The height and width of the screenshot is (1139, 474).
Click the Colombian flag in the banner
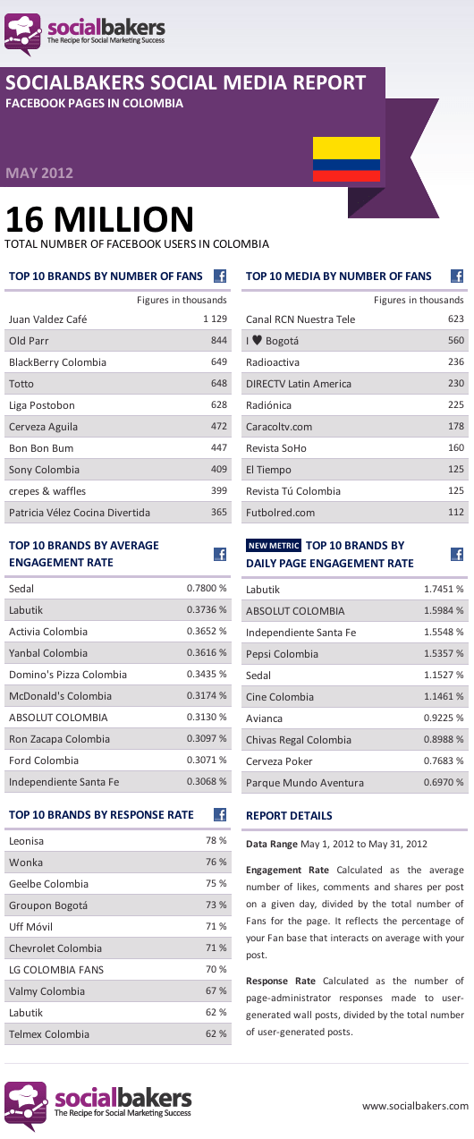[x=346, y=159]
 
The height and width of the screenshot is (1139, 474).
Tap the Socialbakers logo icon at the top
[x=23, y=34]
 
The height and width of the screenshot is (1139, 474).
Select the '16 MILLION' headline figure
[x=99, y=219]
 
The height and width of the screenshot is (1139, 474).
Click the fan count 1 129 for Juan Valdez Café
[x=215, y=319]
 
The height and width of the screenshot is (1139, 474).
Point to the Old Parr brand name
[x=29, y=341]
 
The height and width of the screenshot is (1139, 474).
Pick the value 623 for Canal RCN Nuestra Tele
[x=456, y=319]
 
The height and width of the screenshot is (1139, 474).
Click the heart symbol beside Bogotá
[x=257, y=340]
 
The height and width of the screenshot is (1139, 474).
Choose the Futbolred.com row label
[x=281, y=513]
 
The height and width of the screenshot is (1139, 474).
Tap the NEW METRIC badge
[x=274, y=545]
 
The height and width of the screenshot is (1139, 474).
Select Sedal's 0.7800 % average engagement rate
[x=207, y=589]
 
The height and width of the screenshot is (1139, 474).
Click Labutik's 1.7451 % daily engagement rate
[x=444, y=590]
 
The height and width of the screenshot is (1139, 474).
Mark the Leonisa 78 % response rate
[x=216, y=840]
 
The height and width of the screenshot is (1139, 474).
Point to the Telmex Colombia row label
[x=49, y=1034]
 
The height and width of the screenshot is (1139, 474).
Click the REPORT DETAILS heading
[x=289, y=816]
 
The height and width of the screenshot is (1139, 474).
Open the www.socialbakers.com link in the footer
[x=415, y=1106]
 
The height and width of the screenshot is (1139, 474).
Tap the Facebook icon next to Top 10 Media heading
[x=457, y=276]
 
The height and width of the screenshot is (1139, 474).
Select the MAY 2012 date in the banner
[x=39, y=173]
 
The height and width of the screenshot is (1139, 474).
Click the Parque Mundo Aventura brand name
[x=305, y=783]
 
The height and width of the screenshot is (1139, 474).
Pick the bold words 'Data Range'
[x=272, y=844]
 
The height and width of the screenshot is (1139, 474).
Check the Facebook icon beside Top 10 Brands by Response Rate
[x=220, y=814]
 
